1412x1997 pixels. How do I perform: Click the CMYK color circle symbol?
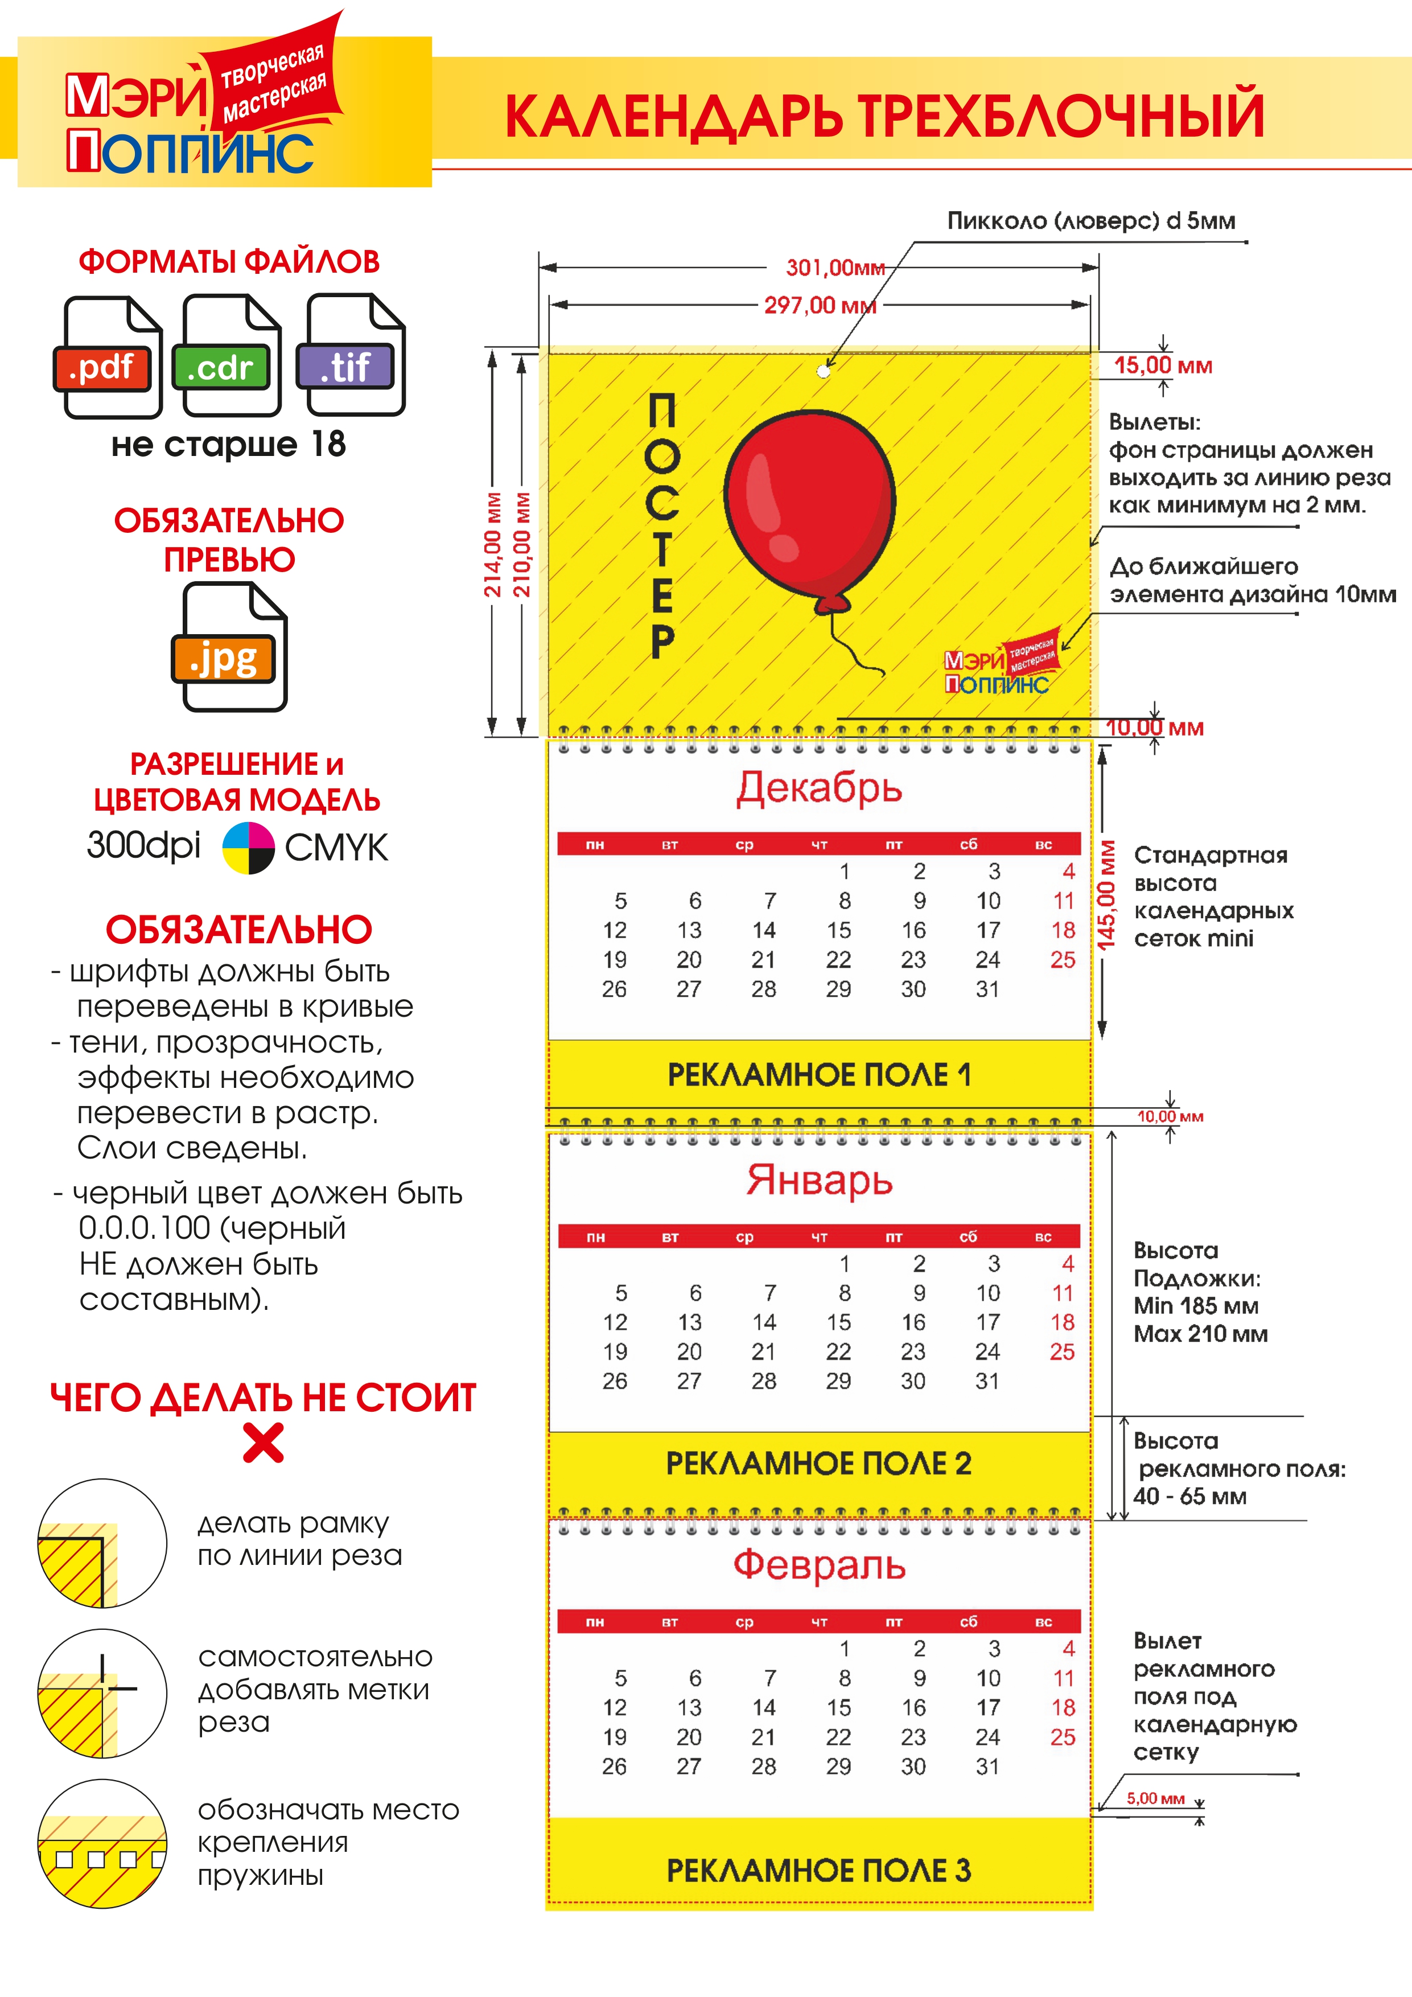[249, 847]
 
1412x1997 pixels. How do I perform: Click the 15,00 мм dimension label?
[1163, 365]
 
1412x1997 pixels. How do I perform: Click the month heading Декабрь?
[819, 788]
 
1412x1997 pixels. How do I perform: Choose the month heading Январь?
[819, 1180]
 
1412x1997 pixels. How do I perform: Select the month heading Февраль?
[819, 1565]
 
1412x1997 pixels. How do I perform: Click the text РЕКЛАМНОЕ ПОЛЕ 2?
[818, 1463]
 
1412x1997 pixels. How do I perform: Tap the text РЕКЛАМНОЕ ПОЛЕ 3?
[818, 1870]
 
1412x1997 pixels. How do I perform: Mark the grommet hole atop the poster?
[824, 371]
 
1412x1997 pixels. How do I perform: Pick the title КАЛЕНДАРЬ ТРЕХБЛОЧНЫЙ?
[884, 115]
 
